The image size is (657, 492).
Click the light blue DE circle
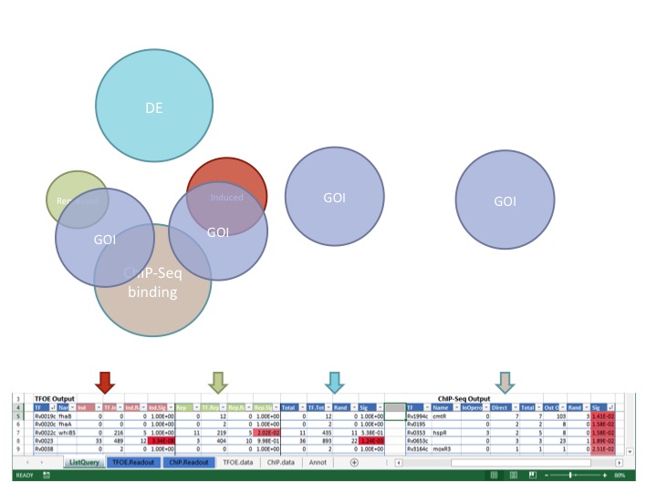[x=153, y=108]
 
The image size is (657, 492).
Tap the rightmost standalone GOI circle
[x=505, y=200]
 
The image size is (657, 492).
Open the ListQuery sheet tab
[x=83, y=462]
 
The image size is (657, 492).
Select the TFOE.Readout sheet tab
[x=135, y=462]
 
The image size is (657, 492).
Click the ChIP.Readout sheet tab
[x=189, y=462]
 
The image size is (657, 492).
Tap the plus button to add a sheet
[x=355, y=462]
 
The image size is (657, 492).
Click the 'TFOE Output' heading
[x=56, y=398]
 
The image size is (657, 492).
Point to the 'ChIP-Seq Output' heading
[x=464, y=398]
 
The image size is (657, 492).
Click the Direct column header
[x=500, y=406]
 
